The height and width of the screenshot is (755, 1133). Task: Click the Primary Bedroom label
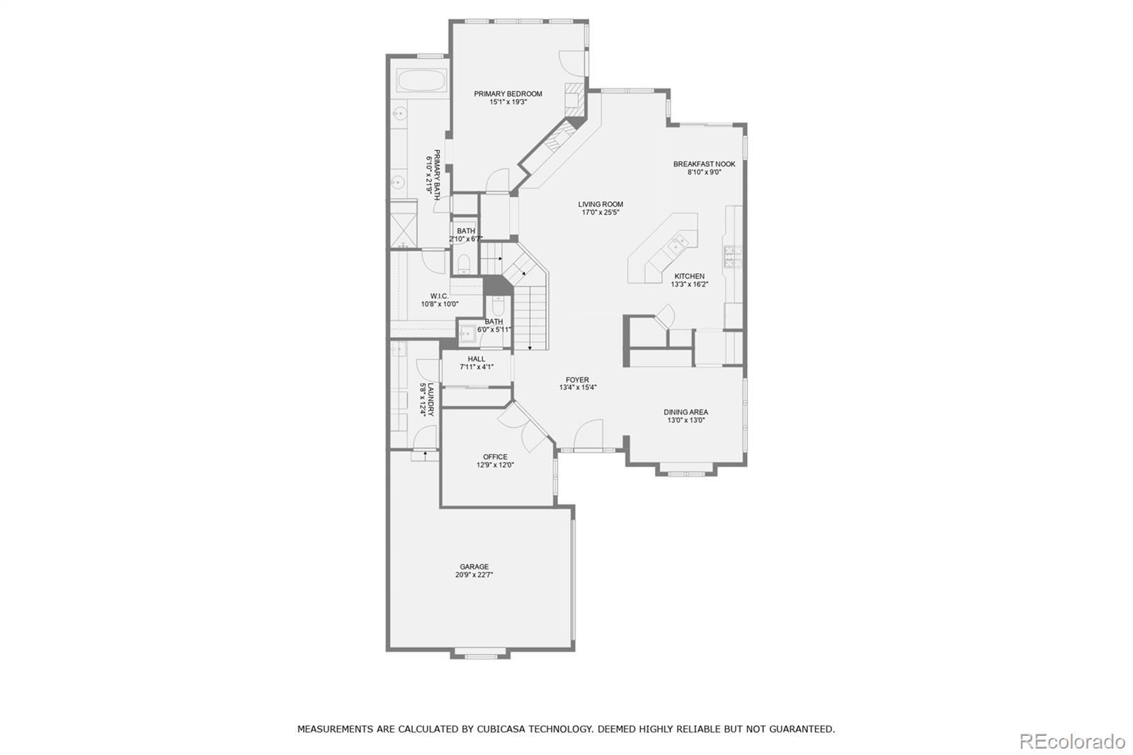coord(508,93)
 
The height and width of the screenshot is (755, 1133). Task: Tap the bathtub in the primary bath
coord(421,81)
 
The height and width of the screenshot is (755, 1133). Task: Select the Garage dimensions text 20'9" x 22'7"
coord(474,575)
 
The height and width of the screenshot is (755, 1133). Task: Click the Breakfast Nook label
coord(704,164)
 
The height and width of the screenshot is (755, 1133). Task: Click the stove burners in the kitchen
coord(732,257)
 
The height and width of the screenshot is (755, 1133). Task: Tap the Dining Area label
coord(685,411)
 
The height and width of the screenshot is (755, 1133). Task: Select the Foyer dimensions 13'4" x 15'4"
coord(578,387)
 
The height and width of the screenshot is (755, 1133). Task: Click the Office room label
coord(495,457)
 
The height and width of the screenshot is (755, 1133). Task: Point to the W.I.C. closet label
coord(439,296)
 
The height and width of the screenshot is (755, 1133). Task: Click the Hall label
coord(477,359)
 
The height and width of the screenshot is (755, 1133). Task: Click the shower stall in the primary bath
coord(403,225)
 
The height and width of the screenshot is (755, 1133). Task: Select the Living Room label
coord(600,204)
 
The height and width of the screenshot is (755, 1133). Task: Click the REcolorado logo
coord(1071,741)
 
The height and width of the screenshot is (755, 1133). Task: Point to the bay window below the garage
coord(481,652)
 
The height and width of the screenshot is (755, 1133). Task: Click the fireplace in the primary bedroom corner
coord(574,96)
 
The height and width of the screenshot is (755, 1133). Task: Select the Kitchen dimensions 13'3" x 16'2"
coord(689,285)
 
